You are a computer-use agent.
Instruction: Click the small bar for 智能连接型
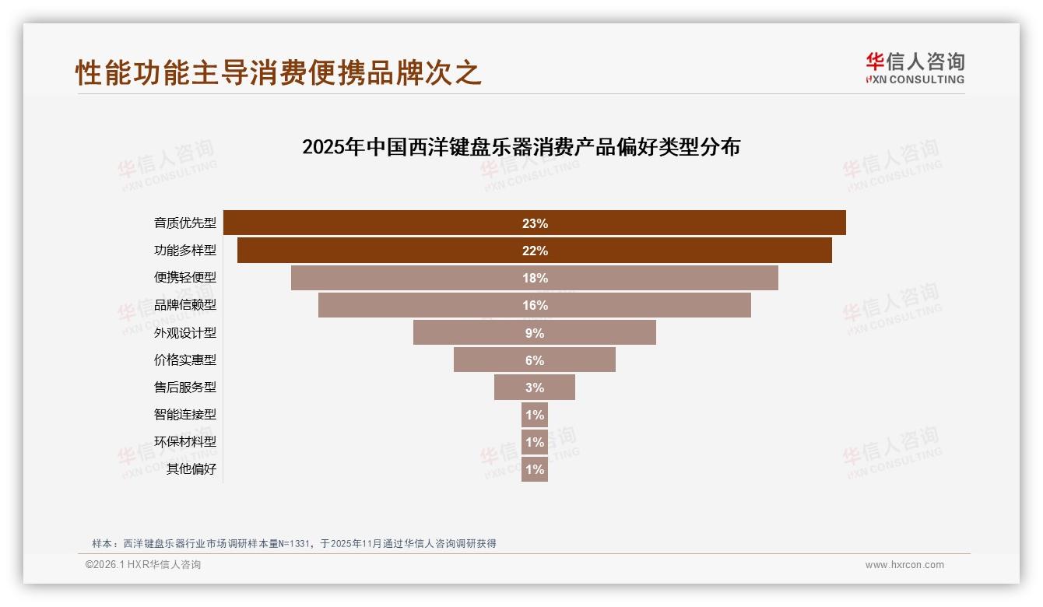535,415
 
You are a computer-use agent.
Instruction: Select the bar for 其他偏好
535,469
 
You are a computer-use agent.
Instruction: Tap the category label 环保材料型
185,442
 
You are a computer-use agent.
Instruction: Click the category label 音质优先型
185,223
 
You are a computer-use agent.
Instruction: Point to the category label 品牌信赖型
185,305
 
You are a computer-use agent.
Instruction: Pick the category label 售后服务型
185,388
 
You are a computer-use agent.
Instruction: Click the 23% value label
535,223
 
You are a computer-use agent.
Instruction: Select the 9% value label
535,333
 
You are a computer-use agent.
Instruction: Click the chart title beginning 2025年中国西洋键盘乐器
521,147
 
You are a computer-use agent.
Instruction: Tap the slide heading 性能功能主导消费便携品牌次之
279,72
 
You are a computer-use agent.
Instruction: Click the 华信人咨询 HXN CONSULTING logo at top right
915,68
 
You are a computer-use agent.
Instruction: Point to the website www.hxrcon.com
904,565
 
